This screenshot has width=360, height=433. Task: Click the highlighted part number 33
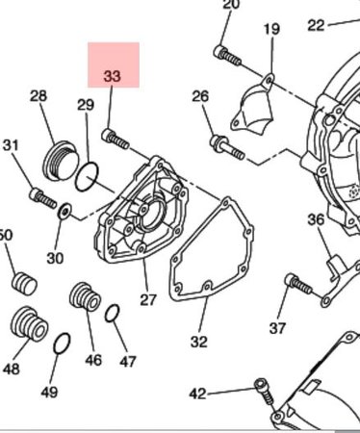112,76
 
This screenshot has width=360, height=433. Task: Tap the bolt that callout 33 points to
116,139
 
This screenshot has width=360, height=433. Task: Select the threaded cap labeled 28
61,160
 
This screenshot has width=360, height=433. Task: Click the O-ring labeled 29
87,176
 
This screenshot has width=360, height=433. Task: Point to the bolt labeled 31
42,198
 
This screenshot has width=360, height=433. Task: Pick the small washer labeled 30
65,212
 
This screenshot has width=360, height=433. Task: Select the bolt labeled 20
227,55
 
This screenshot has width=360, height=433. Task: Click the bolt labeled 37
298,283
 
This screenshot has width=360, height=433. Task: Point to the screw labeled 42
265,391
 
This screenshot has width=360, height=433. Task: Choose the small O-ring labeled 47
113,313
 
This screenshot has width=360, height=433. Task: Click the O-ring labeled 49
62,344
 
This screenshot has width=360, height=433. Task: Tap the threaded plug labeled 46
85,297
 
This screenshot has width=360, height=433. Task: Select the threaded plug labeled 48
29,323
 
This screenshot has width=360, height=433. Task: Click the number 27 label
148,299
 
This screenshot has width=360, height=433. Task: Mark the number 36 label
316,220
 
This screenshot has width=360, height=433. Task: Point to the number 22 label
316,25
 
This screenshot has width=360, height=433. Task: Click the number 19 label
271,29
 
